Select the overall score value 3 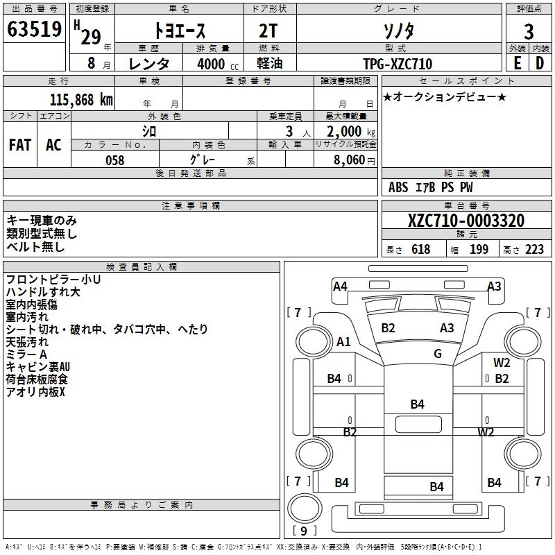pos(529,31)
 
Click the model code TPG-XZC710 pos(398,64)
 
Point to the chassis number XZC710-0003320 pos(466,221)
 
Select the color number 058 pos(114,160)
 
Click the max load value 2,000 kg pos(346,132)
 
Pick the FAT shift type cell pos(20,144)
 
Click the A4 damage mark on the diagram pos(340,286)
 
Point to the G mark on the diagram pos(438,354)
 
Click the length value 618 pos(420,250)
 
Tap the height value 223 pos(535,250)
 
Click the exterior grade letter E pos(517,63)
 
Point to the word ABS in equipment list pos(398,187)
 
